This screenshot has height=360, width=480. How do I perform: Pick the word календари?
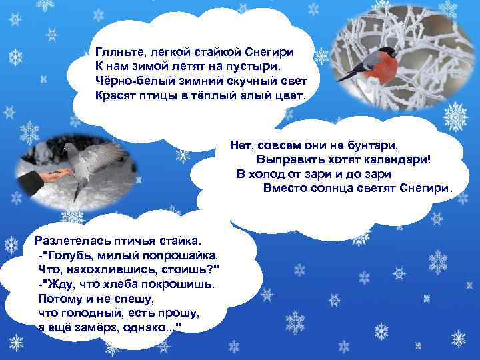pos(394,159)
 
